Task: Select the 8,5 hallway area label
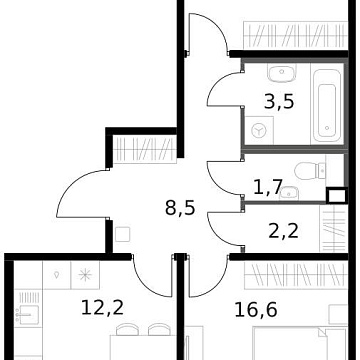pyautogui.click(x=180, y=210)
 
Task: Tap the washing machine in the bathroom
pyautogui.click(x=261, y=130)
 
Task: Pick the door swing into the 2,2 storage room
pyautogui.click(x=226, y=225)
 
